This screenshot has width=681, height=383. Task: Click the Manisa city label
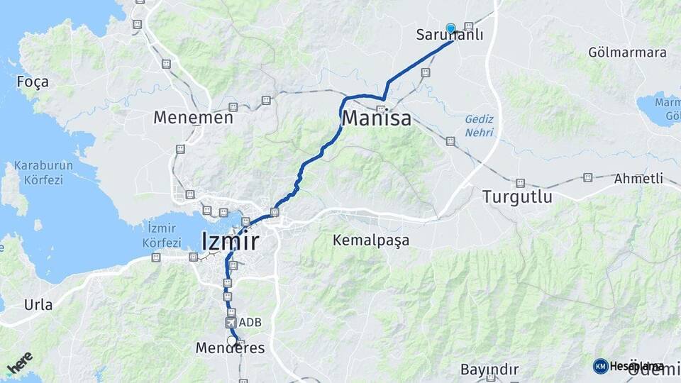pos(376,118)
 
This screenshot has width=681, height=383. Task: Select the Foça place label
pos(33,82)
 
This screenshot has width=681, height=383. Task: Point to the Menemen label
pos(193,118)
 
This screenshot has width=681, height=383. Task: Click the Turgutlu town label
pos(516,197)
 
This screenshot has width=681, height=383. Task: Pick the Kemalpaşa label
pos(371,240)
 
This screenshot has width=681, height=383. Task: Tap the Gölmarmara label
pos(627,52)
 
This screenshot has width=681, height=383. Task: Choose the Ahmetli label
pos(639,178)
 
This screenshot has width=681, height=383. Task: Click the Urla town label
pos(38,305)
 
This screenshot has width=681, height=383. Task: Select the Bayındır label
pos(489,370)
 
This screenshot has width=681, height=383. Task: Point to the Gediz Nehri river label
pos(479,126)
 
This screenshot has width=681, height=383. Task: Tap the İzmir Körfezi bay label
pos(162,235)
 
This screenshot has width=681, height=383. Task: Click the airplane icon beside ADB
pos(231,322)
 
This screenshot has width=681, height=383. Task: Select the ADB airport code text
pos(250,322)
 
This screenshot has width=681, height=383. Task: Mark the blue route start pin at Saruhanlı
pos(450,28)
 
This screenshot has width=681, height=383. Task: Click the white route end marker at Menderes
pos(231,340)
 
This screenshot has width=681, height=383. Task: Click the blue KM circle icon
pos(601,366)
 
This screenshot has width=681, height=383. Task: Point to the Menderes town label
pos(230,348)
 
